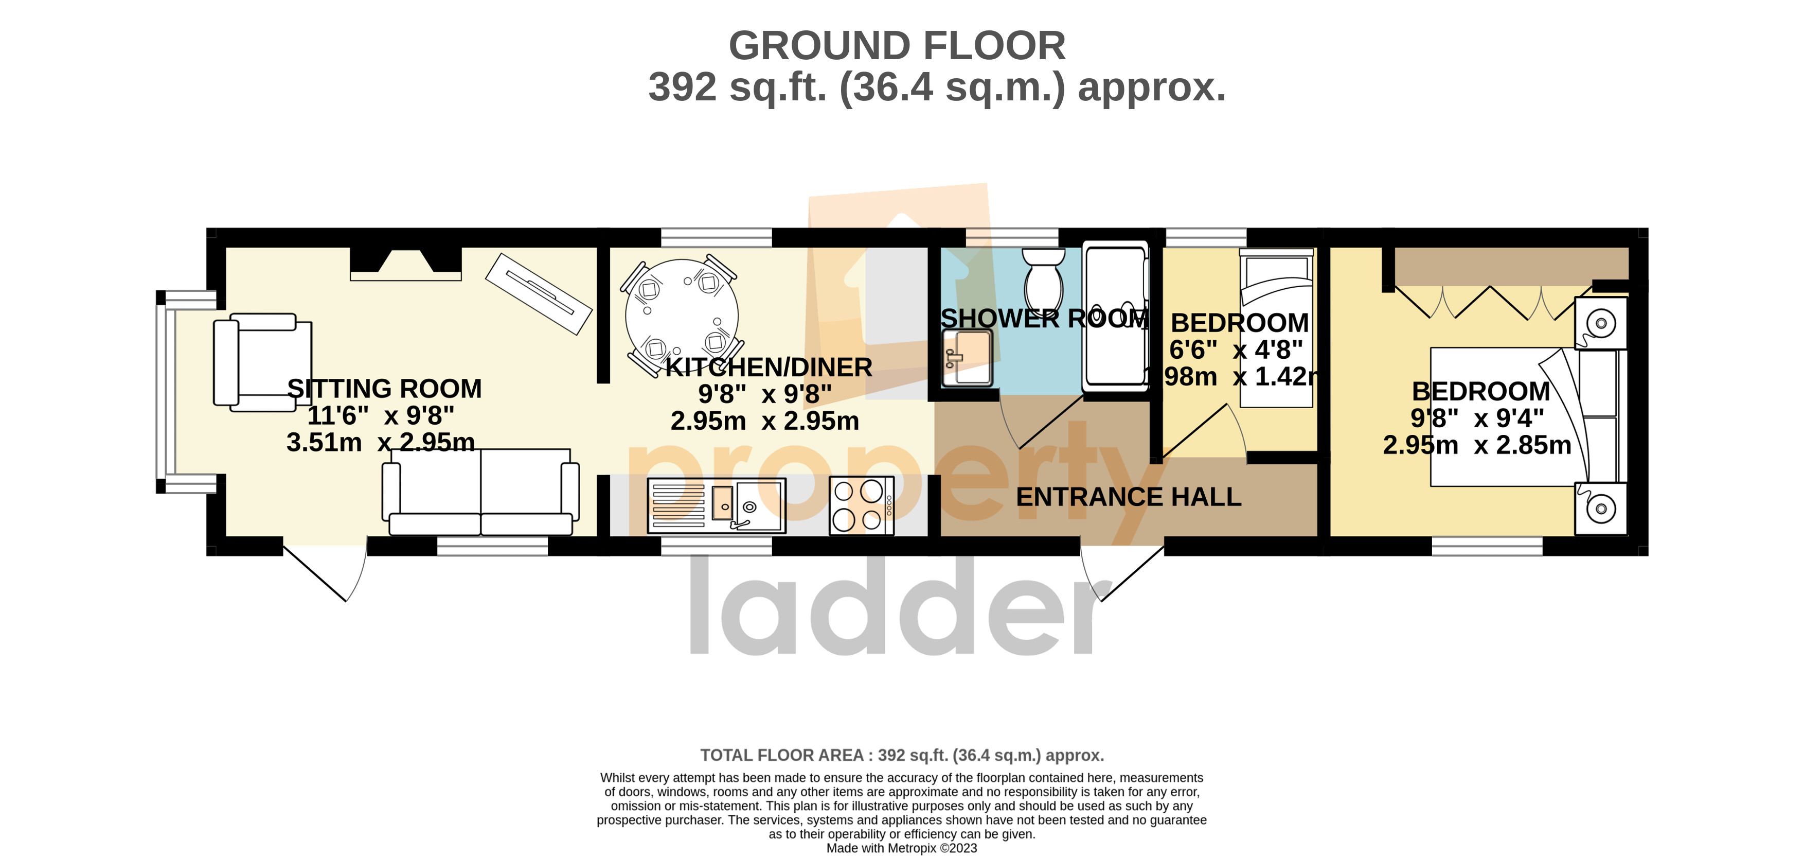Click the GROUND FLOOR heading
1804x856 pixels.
(897, 46)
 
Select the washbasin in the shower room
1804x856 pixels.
(967, 358)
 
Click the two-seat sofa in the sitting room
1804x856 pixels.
(480, 492)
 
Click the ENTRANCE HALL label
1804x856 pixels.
(1128, 497)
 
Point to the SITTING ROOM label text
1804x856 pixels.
(384, 389)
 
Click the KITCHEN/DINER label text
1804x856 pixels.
(768, 368)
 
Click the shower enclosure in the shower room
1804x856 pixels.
(1115, 315)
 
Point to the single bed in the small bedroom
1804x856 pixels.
(1276, 329)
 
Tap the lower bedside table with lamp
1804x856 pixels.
(1600, 508)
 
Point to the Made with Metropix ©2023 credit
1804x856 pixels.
(901, 848)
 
